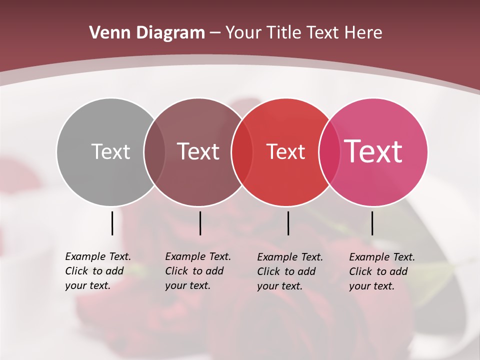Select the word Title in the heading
(283, 33)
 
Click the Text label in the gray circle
(110, 151)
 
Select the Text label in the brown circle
(198, 151)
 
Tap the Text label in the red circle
(285, 151)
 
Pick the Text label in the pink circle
(373, 151)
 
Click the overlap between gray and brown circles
(154, 152)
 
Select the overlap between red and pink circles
(328, 152)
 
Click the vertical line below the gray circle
(112, 223)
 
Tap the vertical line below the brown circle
(200, 223)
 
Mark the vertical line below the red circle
(288, 223)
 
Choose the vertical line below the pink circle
(372, 223)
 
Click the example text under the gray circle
(97, 271)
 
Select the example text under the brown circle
(197, 271)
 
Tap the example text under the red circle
(289, 271)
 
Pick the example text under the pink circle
(381, 271)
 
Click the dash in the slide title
(215, 33)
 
